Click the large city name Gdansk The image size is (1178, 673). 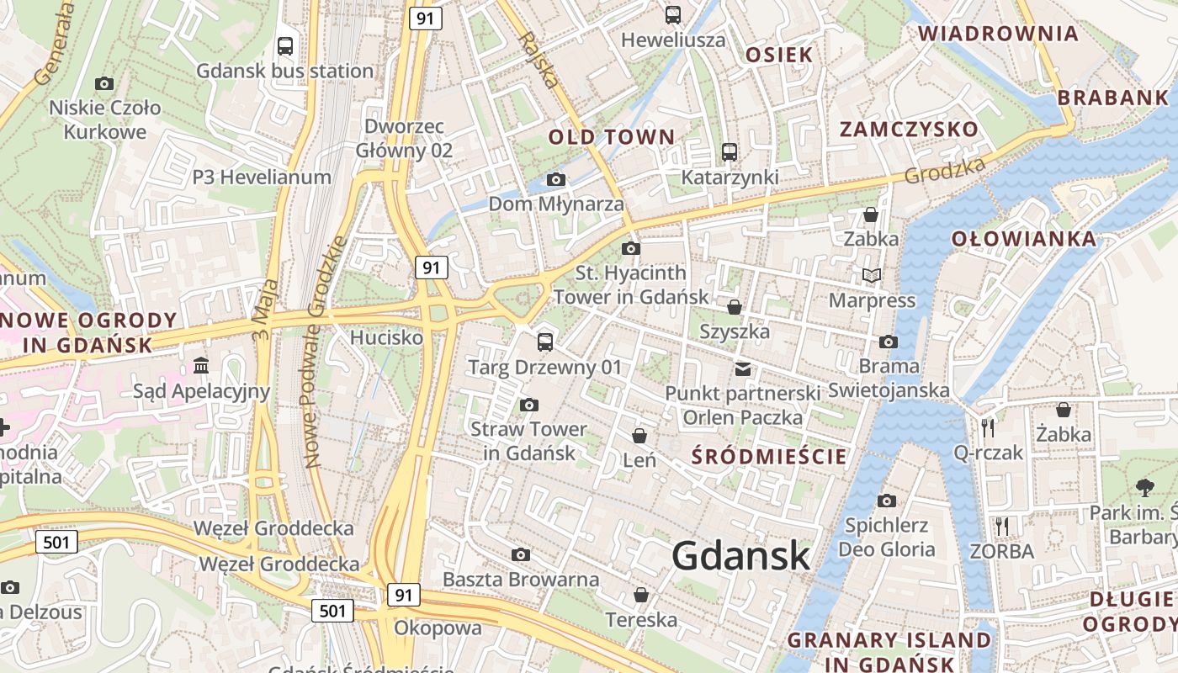(741, 555)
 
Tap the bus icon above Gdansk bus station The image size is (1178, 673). (285, 46)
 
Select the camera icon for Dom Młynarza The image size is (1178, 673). (555, 179)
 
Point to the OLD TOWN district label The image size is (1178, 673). (612, 136)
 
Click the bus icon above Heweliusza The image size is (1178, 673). (672, 15)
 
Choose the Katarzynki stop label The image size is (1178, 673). (730, 178)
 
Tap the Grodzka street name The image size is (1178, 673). (945, 172)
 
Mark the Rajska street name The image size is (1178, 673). (539, 60)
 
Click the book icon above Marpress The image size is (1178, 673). (872, 276)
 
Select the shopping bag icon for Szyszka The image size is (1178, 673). (735, 307)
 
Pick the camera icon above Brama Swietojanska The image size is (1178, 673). (888, 342)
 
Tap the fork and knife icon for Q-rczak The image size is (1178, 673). (988, 428)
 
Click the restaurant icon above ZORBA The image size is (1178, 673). (1001, 527)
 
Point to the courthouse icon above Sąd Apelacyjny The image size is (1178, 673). (201, 366)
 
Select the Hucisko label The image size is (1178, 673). (386, 337)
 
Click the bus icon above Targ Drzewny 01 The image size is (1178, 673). (545, 342)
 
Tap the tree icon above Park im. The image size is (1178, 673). (1144, 487)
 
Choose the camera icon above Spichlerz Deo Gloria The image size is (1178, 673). (886, 501)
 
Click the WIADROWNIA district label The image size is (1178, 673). (997, 34)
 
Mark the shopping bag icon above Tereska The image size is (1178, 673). (641, 596)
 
